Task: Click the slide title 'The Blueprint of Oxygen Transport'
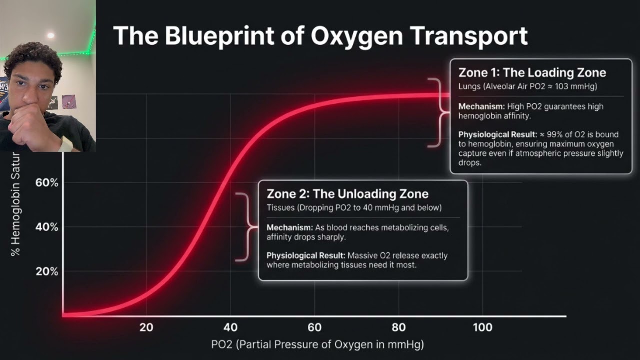click(320, 36)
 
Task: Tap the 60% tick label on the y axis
click(47, 183)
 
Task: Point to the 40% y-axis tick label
click(47, 227)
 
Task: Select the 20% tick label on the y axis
click(47, 272)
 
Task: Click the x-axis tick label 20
click(146, 328)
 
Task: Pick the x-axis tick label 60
click(314, 328)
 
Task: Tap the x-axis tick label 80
click(398, 328)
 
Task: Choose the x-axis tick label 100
click(482, 328)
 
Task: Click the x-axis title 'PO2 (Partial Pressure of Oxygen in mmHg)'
click(317, 344)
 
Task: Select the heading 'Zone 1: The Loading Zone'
click(532, 73)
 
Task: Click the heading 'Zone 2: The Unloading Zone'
click(347, 194)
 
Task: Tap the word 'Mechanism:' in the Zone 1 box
click(482, 106)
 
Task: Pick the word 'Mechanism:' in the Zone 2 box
click(289, 228)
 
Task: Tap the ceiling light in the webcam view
click(50, 35)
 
